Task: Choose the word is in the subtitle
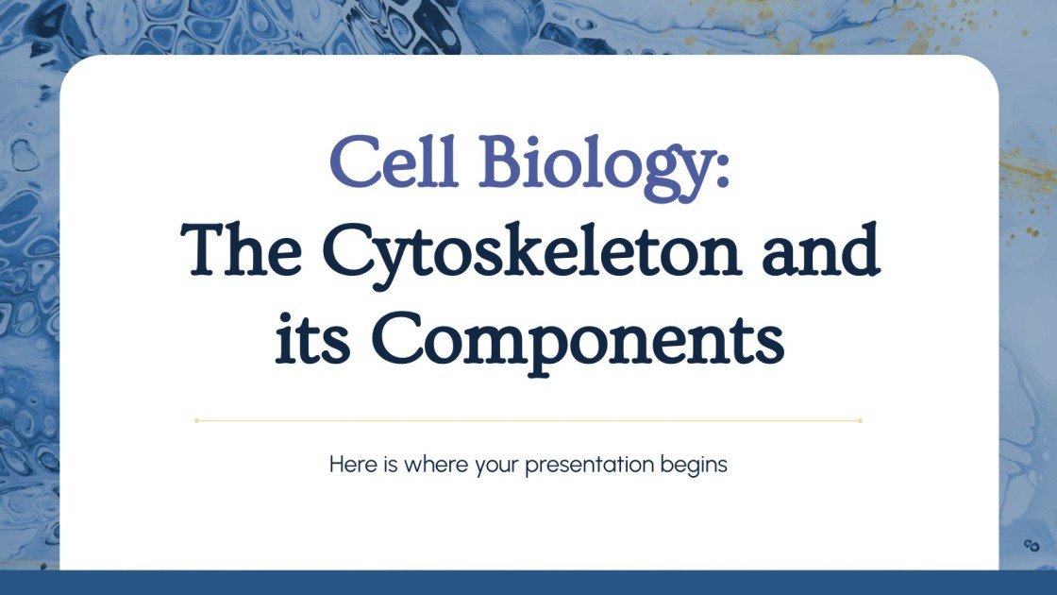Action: (392, 466)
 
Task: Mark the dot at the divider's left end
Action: (196, 420)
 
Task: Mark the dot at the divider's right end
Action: (860, 420)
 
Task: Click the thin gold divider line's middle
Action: (528, 420)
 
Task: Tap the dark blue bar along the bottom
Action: (528, 583)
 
